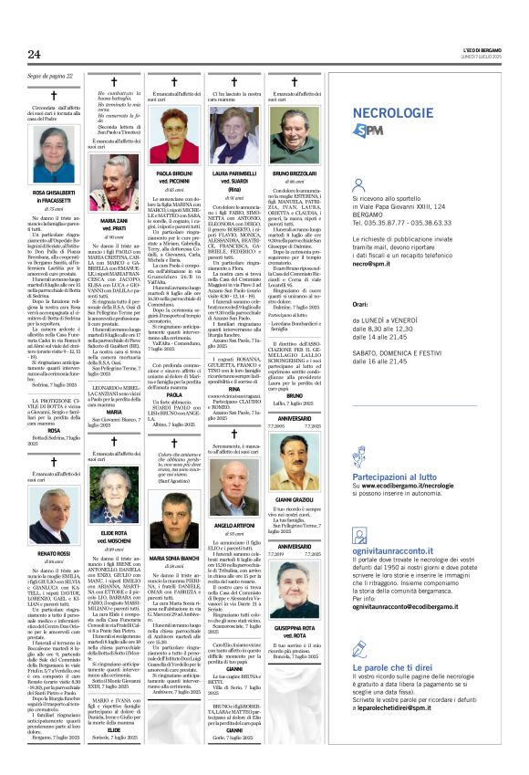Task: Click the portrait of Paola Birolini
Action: click(173, 133)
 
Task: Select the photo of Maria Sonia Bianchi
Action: click(173, 505)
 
